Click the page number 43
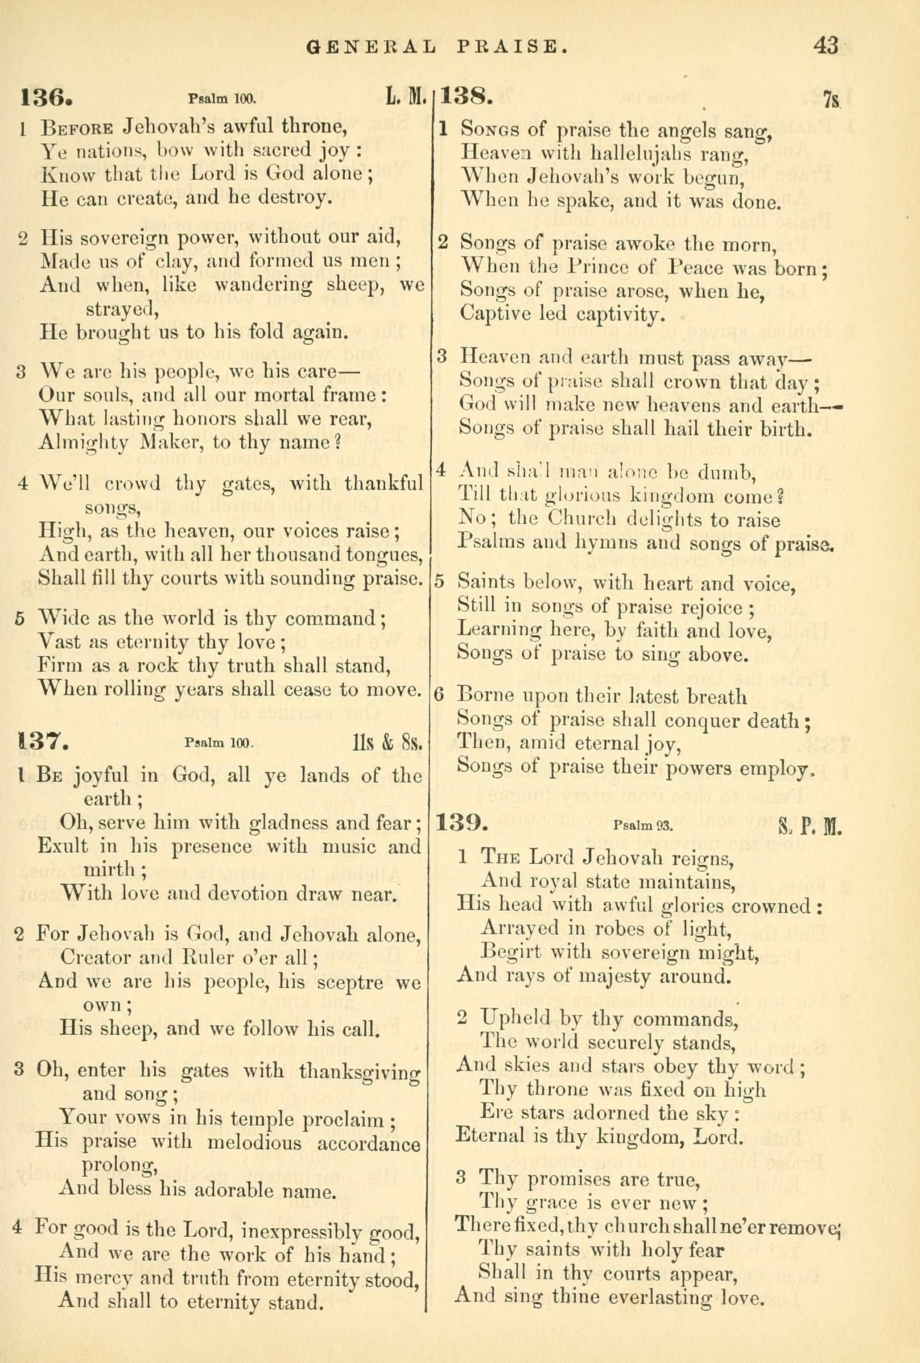pos(825,46)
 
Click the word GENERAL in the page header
pos(371,47)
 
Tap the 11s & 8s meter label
pos(384,744)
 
